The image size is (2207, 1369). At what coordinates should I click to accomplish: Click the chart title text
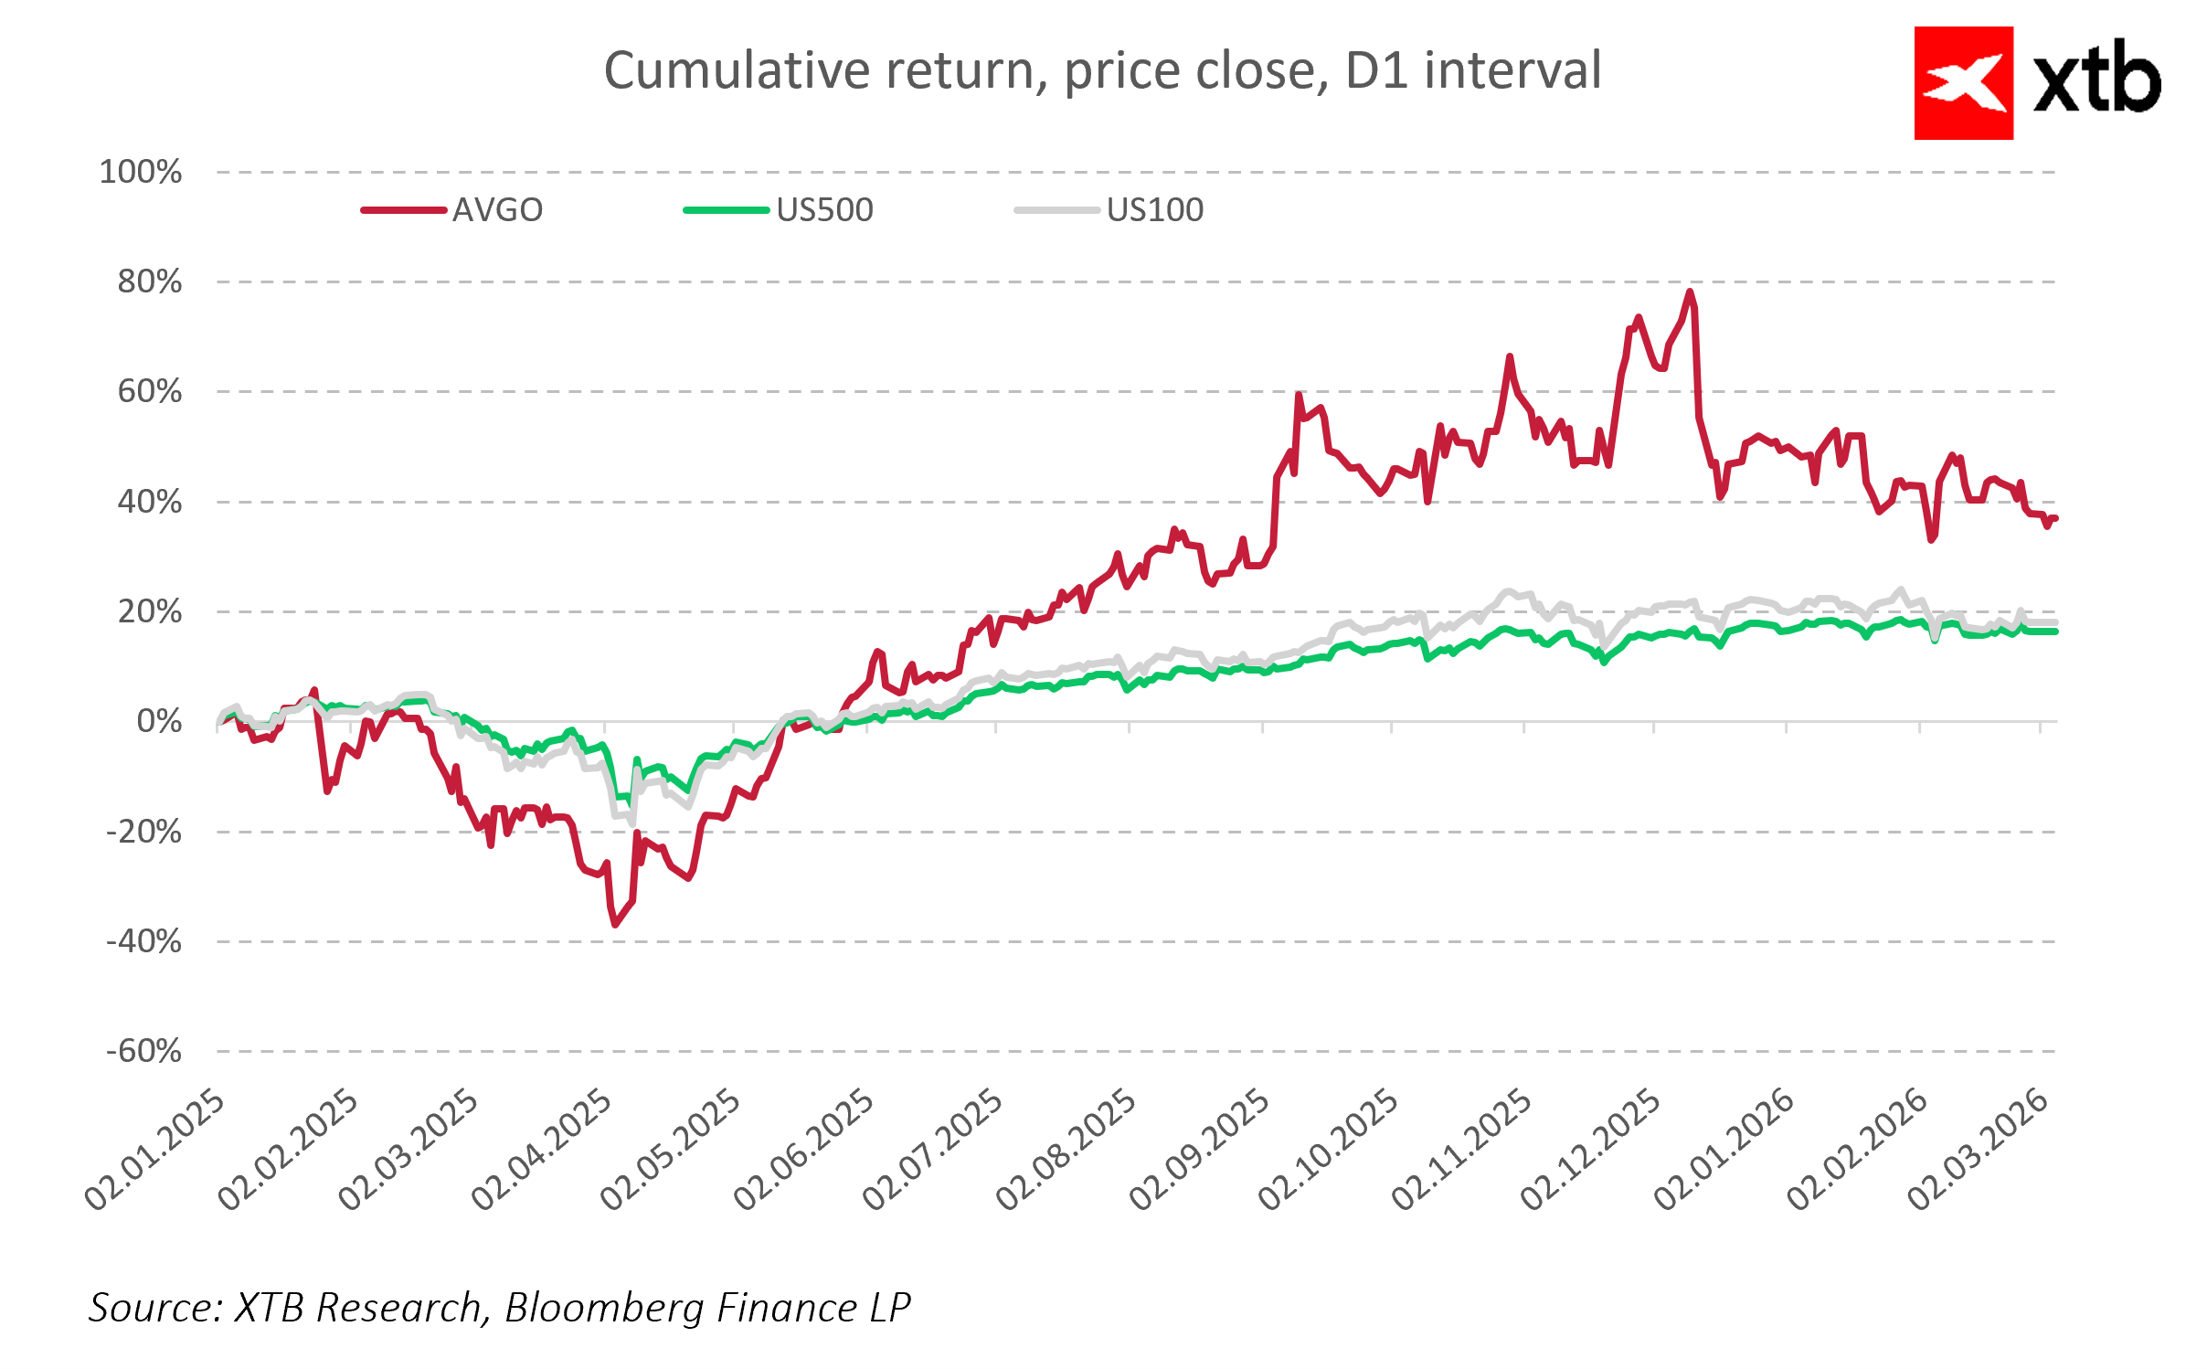click(1102, 70)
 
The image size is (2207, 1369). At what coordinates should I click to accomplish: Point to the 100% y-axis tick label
click(141, 172)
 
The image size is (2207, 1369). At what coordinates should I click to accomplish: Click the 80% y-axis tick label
click(150, 281)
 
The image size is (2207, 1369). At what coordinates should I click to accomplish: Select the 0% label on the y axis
click(159, 721)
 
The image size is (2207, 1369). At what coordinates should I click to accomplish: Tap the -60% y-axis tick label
click(144, 1051)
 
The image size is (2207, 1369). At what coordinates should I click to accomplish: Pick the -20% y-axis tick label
click(144, 832)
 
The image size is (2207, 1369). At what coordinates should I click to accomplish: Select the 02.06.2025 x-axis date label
click(805, 1150)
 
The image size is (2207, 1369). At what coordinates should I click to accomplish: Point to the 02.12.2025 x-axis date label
click(1591, 1150)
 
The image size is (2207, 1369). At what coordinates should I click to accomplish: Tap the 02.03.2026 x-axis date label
click(1979, 1150)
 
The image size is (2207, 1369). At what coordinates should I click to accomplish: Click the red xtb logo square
click(1963, 83)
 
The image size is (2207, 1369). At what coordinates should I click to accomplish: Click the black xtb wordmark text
click(2096, 79)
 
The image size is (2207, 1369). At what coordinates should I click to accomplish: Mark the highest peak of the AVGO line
click(1690, 292)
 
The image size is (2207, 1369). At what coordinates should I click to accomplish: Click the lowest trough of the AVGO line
click(615, 924)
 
